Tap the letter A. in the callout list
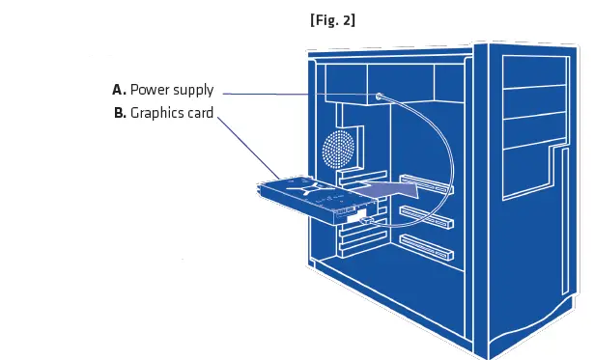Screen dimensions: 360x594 119,90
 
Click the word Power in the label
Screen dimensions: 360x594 149,90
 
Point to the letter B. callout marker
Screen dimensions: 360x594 120,113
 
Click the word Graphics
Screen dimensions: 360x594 157,113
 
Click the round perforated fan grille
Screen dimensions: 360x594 339,151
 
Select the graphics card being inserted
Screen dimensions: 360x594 309,198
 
